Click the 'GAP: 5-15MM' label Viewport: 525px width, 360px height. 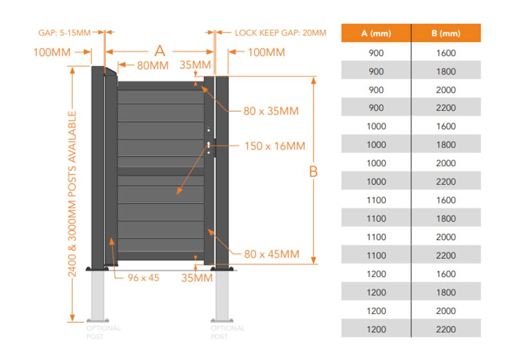[x=64, y=33]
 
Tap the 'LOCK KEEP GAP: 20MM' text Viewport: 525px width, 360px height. [x=280, y=33]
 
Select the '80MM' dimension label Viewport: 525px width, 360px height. [x=152, y=66]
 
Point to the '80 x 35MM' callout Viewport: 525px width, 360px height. [x=271, y=111]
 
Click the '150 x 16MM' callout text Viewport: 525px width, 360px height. [x=275, y=146]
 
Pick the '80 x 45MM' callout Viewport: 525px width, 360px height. [x=271, y=255]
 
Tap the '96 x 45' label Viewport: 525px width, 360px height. [x=143, y=278]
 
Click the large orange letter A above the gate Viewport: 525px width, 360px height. [x=160, y=51]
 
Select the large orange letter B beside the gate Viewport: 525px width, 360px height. [x=313, y=172]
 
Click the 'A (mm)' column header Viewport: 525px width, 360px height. [x=376, y=34]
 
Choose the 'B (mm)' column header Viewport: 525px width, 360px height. [x=446, y=34]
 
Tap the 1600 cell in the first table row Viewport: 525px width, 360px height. [x=446, y=53]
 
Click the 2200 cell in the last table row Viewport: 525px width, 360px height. [x=446, y=330]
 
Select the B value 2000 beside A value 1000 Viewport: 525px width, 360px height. [x=446, y=163]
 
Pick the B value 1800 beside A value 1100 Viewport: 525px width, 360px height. [x=446, y=219]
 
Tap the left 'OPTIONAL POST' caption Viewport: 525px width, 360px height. [x=103, y=332]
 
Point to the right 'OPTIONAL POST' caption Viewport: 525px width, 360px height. [x=227, y=332]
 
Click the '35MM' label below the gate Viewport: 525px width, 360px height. [x=197, y=278]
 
